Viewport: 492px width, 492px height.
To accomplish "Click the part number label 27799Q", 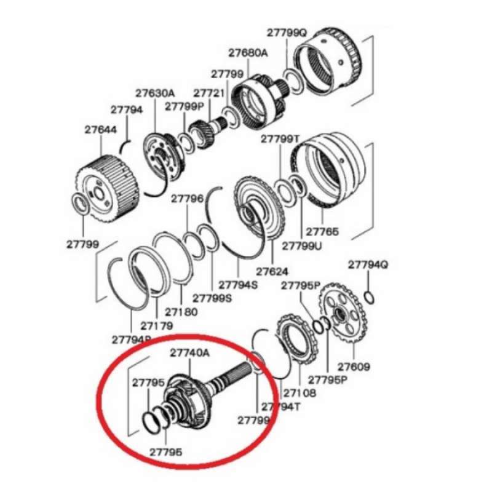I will tap(286, 33).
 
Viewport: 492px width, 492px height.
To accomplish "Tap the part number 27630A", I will tap(155, 93).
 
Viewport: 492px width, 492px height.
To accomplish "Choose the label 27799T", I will tap(280, 139).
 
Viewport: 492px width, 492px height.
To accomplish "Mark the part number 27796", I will tap(187, 199).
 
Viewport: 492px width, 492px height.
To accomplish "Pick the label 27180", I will tap(181, 312).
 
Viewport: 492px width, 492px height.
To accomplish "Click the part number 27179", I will tap(156, 325).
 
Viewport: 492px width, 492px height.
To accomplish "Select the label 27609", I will tap(354, 367).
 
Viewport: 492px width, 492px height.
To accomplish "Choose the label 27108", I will tap(300, 392).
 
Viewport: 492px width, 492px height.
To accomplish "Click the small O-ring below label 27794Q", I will tap(368, 298).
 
